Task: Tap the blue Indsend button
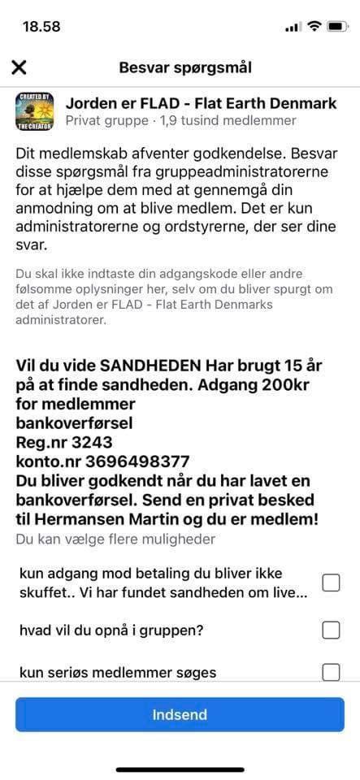click(180, 715)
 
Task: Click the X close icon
click(19, 67)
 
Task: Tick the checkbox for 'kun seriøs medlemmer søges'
click(331, 672)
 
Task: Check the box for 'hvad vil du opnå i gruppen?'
click(331, 630)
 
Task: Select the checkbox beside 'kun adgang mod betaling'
click(331, 583)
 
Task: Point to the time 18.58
click(41, 26)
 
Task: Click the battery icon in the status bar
click(337, 26)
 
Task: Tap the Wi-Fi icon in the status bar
click(314, 26)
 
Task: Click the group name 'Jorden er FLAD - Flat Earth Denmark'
click(201, 103)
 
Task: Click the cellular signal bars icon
click(293, 27)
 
